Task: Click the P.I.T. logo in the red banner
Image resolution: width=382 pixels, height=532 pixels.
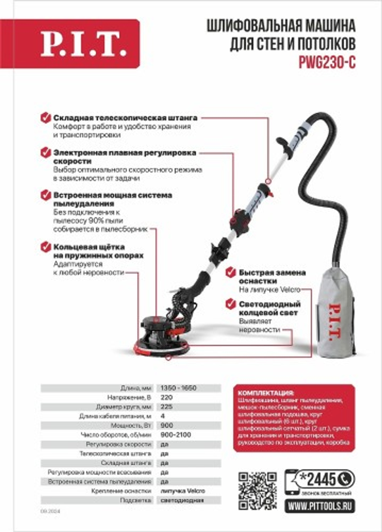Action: click(x=83, y=44)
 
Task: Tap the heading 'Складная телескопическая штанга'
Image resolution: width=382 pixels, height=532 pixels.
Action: click(x=125, y=118)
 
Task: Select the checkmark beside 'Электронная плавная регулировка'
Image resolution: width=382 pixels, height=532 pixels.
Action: click(x=46, y=152)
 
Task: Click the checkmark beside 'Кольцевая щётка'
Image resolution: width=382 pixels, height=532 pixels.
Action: click(x=46, y=247)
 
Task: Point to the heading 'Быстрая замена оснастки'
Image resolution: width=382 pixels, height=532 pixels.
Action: click(x=272, y=277)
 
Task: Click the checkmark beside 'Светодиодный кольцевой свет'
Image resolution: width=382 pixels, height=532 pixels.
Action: click(x=230, y=304)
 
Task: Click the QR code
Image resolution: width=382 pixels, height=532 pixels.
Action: click(x=257, y=491)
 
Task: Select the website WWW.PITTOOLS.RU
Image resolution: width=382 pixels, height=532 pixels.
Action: click(x=319, y=506)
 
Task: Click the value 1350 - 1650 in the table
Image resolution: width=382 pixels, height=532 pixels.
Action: click(x=178, y=388)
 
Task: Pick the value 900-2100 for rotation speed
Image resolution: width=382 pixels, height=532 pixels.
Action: click(x=176, y=435)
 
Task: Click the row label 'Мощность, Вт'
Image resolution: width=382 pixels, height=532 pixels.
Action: click(x=131, y=425)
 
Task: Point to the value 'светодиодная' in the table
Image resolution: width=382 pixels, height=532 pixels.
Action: click(x=182, y=500)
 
